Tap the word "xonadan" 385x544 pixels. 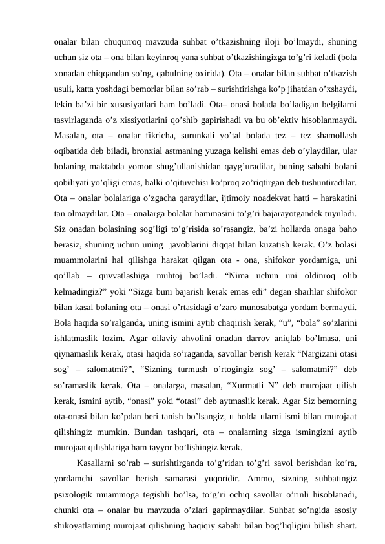coord(70,67)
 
